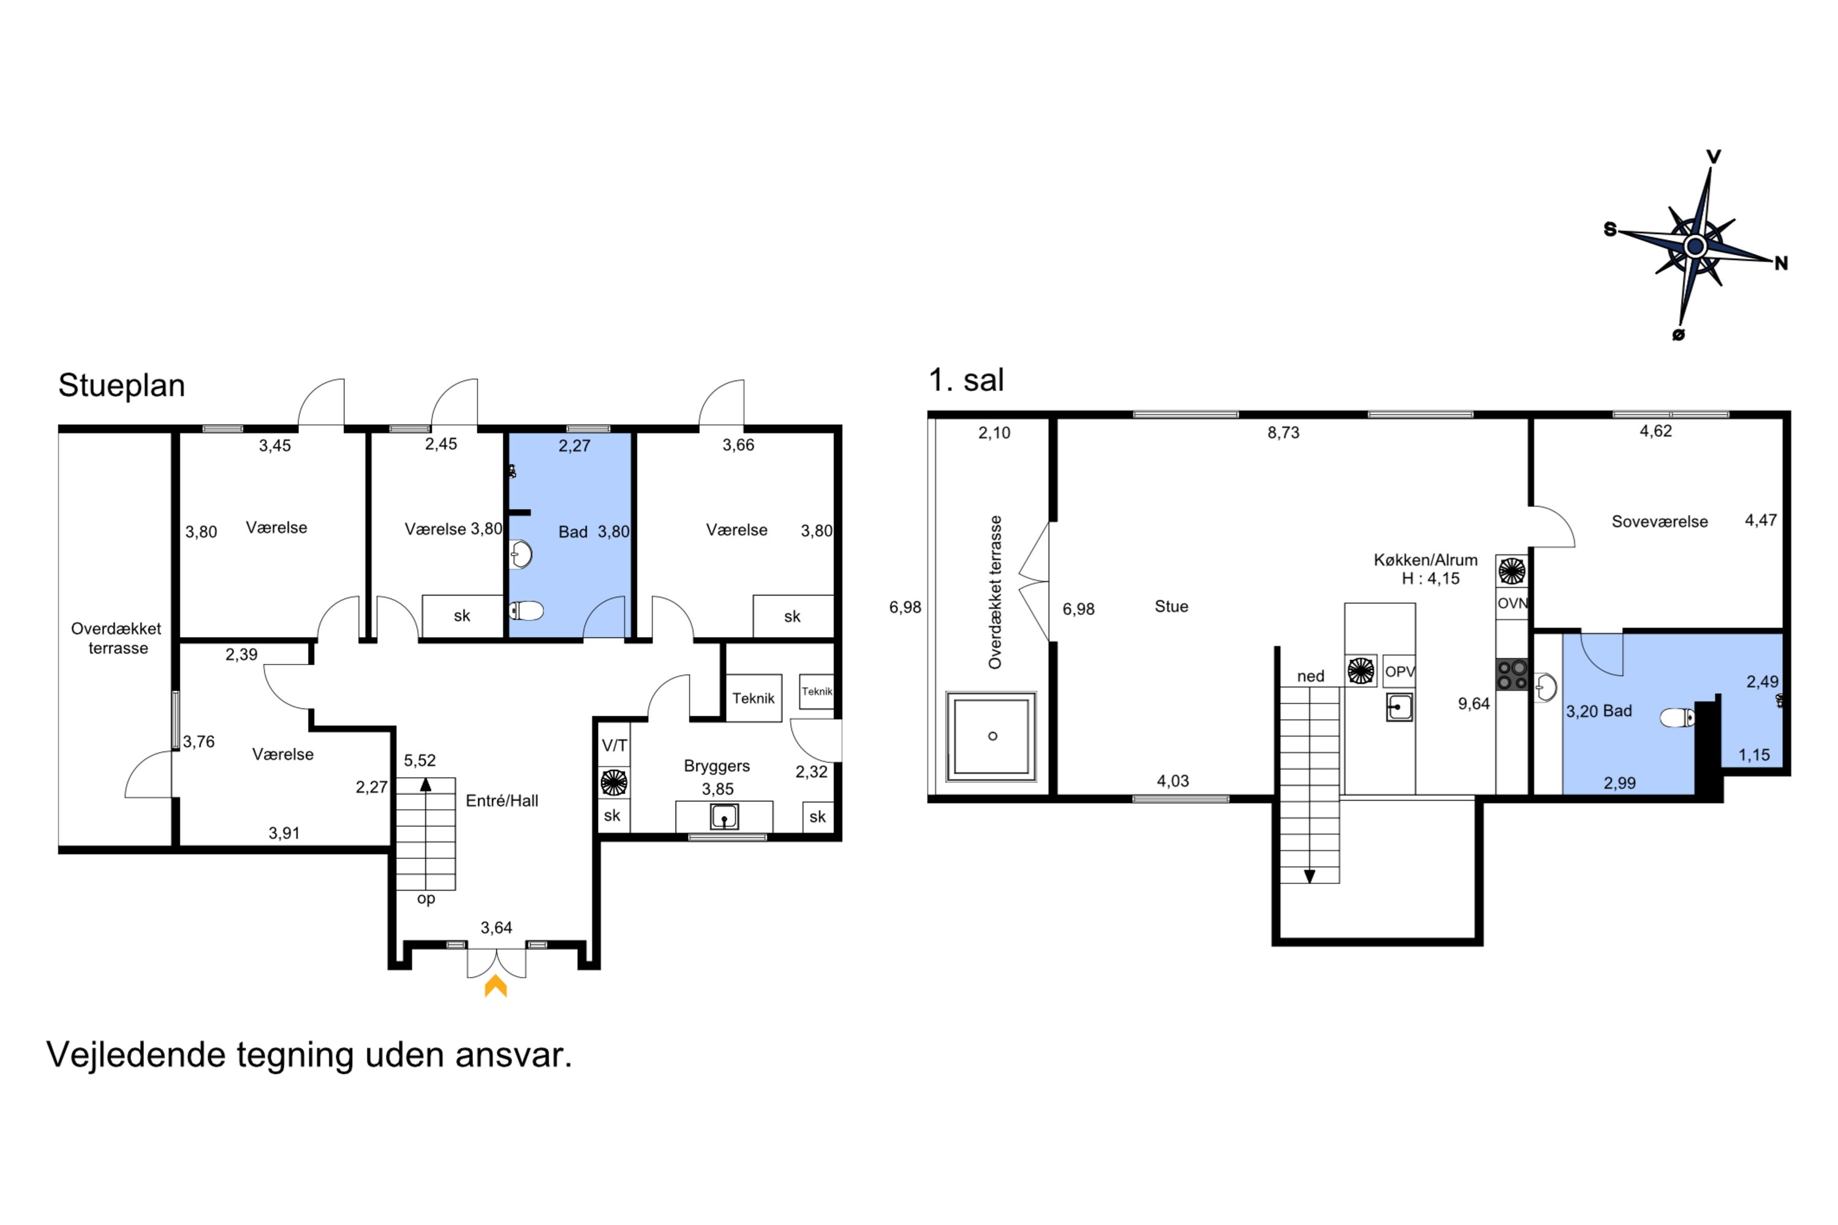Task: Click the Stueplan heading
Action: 121,386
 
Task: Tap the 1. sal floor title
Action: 966,380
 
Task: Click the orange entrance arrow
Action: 496,986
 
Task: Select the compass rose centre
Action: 1695,247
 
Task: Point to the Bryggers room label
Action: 717,766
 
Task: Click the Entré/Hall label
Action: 502,801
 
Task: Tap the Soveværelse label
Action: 1660,522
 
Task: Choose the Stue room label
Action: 1171,606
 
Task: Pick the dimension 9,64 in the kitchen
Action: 1474,704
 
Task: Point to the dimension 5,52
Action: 420,761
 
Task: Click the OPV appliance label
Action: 1399,672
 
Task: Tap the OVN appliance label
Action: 1512,604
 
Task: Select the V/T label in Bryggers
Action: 615,746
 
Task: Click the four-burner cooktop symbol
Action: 1512,675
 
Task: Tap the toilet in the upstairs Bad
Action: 1677,717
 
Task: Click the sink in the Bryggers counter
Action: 724,817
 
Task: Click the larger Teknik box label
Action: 754,698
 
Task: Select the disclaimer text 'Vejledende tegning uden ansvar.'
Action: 309,1055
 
